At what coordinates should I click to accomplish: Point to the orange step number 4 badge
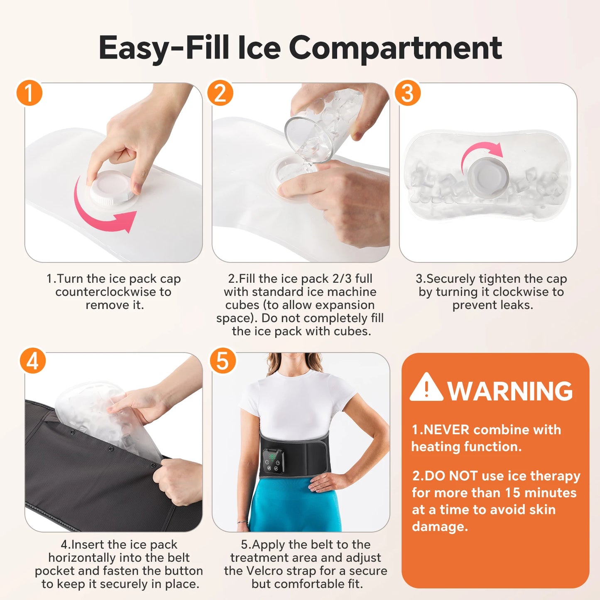coord(32,360)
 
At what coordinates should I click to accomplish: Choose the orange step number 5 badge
coord(223,360)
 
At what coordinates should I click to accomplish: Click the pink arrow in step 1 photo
coord(104,216)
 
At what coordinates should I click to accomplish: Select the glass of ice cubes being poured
coord(320,125)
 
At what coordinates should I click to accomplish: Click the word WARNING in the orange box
coord(510,391)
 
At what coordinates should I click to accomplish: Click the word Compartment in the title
coord(395,48)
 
